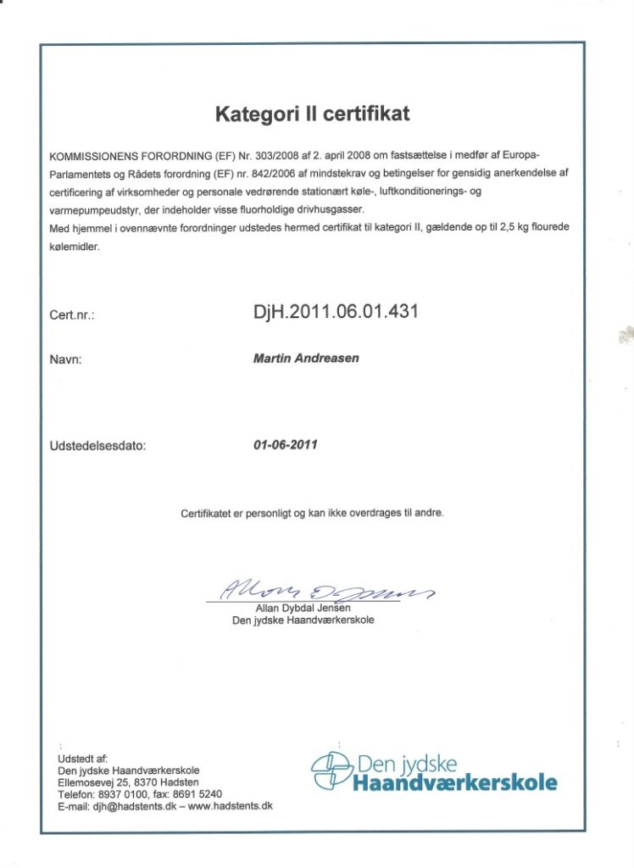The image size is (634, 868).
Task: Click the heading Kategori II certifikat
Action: click(312, 113)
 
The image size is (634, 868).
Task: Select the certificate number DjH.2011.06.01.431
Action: click(336, 312)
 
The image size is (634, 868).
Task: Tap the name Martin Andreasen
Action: click(306, 359)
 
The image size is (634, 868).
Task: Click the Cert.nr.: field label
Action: click(71, 316)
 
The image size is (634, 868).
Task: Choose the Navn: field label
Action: click(65, 359)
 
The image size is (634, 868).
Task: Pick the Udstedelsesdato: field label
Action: click(97, 445)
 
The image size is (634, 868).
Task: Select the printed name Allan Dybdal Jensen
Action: click(303, 609)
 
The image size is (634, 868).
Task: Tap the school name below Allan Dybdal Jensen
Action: click(303, 620)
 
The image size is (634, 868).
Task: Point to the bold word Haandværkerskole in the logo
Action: click(454, 782)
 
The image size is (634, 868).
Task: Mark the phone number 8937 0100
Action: click(119, 794)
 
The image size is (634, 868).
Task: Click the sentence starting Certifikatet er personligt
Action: click(311, 513)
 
